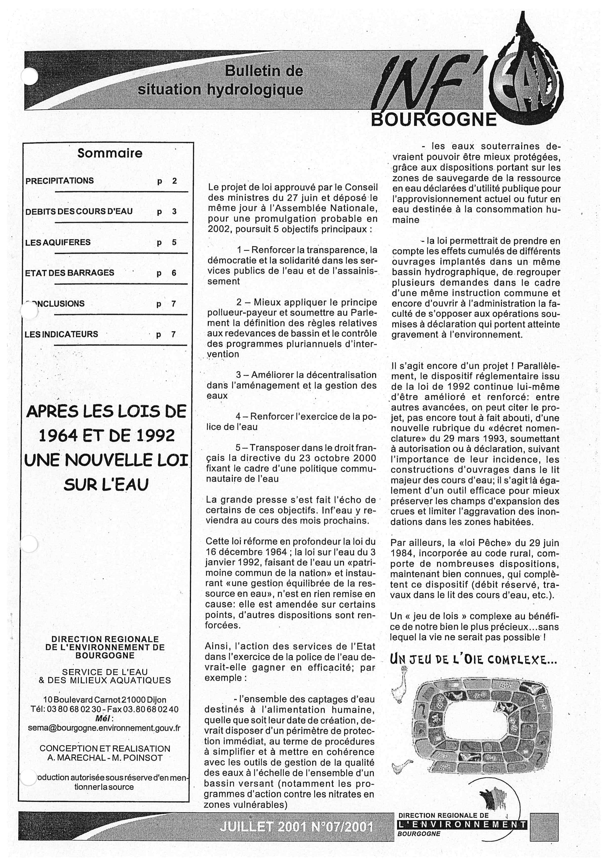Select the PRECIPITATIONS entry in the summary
point(59,181)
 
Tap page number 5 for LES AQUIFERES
point(174,242)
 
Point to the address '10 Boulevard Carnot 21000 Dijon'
point(105,700)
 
